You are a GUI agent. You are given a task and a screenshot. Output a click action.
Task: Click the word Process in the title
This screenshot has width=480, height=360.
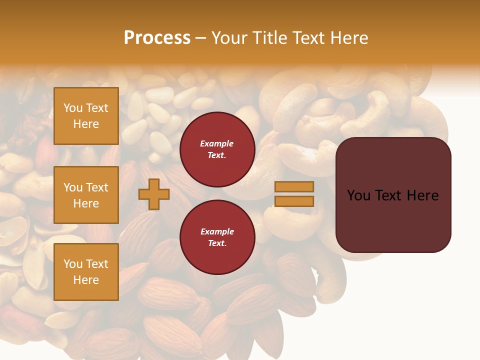pos(157,38)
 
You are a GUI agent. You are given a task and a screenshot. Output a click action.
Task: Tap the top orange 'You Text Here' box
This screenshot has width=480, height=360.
pos(86,116)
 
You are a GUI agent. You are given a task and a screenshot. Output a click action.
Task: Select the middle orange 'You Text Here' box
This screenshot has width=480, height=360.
pos(86,195)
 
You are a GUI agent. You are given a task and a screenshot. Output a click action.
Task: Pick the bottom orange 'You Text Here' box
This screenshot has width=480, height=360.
pos(86,272)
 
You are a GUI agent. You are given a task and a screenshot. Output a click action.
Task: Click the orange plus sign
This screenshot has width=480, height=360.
pos(153,194)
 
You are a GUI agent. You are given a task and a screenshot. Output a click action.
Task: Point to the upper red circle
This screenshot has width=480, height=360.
pos(217,149)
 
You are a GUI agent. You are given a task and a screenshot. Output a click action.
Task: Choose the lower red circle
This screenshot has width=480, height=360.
pos(217,237)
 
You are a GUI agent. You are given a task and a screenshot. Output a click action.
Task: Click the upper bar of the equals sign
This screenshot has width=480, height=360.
pos(294,187)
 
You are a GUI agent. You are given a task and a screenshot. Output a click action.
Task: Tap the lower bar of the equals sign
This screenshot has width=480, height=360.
pos(294,201)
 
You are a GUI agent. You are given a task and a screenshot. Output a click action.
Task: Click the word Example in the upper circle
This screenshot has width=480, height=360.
pos(216,143)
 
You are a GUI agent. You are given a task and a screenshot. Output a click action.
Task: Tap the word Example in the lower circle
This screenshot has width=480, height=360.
pos(216,231)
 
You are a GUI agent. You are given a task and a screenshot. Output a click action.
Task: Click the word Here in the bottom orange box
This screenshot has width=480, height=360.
pos(86,280)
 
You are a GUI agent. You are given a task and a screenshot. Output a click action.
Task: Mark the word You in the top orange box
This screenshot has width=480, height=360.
pos(72,108)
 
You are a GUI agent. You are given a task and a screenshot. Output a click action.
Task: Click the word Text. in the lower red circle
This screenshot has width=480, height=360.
pos(216,243)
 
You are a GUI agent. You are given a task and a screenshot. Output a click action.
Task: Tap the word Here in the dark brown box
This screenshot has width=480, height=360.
pos(422,195)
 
